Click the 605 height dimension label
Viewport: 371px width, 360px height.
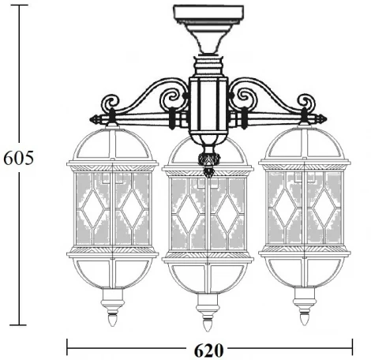(x=17, y=158)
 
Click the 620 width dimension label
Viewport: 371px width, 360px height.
(x=208, y=348)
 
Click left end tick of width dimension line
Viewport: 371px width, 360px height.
(x=67, y=347)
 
